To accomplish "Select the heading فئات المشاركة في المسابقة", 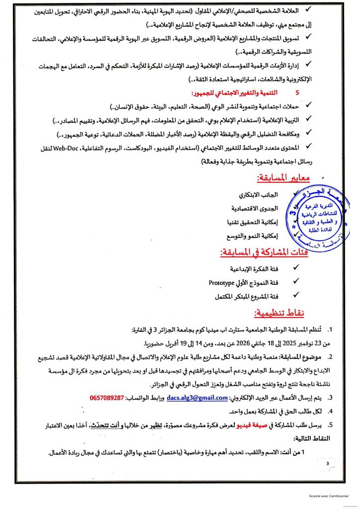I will click(264, 253).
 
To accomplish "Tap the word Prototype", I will click(222, 283).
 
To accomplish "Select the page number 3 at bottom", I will click(328, 464).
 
